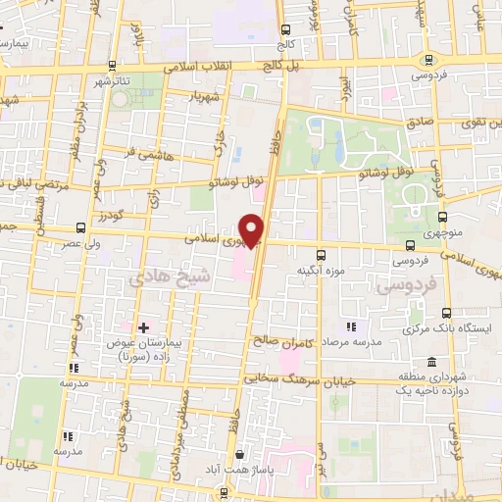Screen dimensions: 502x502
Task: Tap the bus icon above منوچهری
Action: pyautogui.click(x=443, y=217)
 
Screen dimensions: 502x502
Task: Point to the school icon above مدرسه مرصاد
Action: pyautogui.click(x=350, y=326)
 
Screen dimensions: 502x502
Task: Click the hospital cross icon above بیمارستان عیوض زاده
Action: pyautogui.click(x=144, y=326)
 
